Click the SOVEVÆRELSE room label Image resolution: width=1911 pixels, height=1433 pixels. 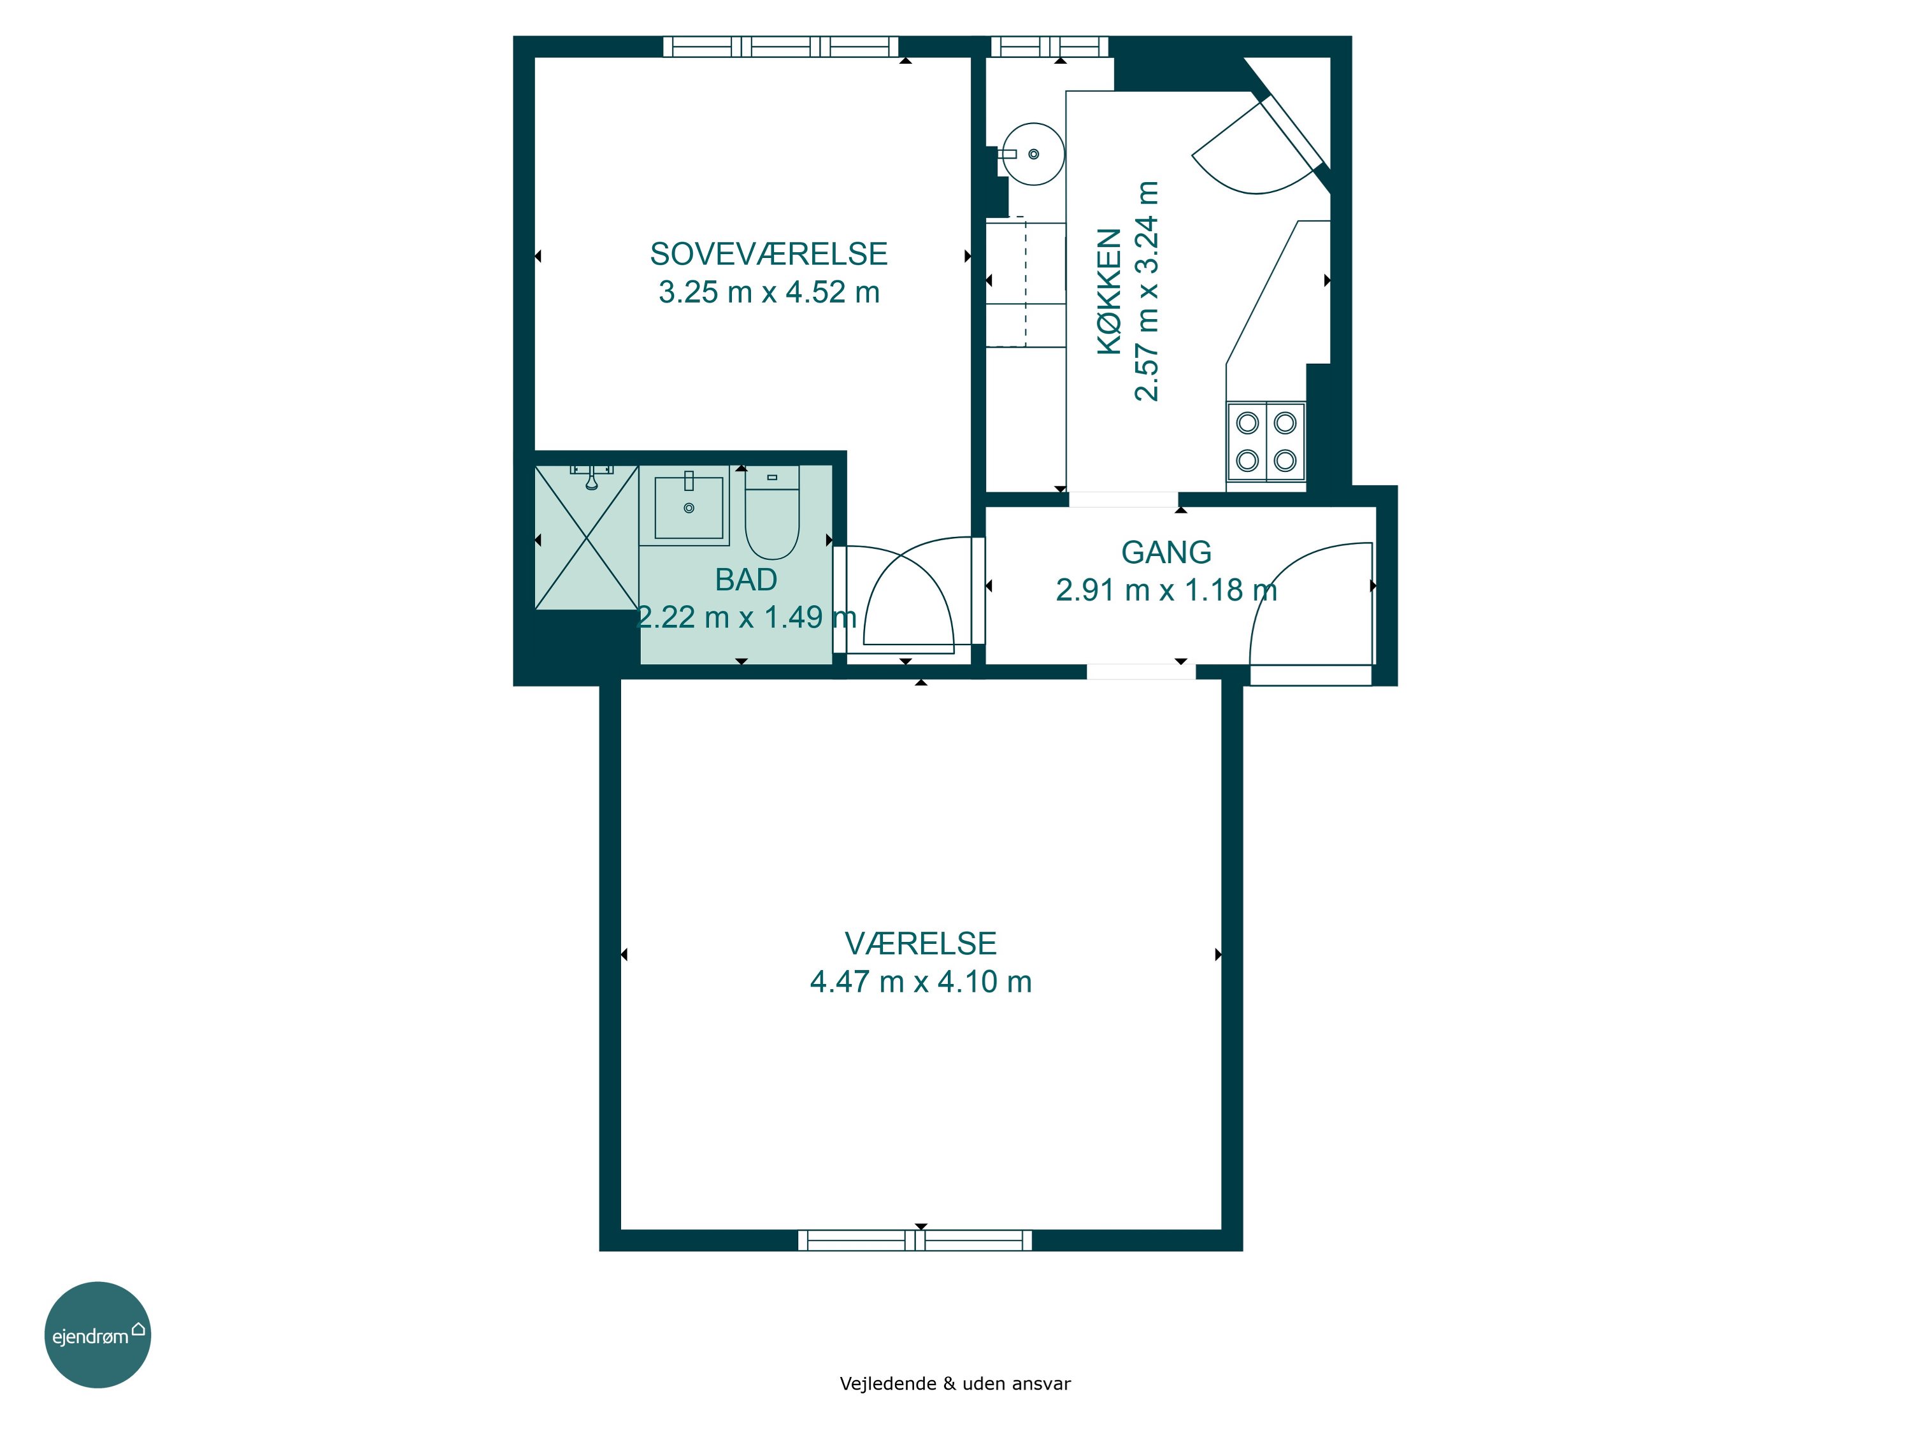(x=768, y=254)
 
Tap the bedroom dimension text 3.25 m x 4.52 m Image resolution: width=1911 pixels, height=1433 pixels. (x=769, y=292)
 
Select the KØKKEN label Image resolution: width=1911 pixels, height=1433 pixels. (x=1108, y=291)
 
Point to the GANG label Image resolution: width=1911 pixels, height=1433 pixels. (x=1166, y=552)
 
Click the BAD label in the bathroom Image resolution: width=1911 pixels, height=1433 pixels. (x=745, y=580)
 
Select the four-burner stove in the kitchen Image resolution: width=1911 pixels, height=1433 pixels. (x=1266, y=441)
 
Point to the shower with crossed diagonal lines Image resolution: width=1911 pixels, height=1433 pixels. (x=587, y=538)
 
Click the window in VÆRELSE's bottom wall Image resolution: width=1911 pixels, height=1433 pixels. (x=915, y=1241)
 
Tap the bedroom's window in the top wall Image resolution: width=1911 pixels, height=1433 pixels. (x=781, y=46)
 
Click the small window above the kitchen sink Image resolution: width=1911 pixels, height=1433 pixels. (x=1049, y=46)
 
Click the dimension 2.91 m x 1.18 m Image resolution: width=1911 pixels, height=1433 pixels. (x=1166, y=590)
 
